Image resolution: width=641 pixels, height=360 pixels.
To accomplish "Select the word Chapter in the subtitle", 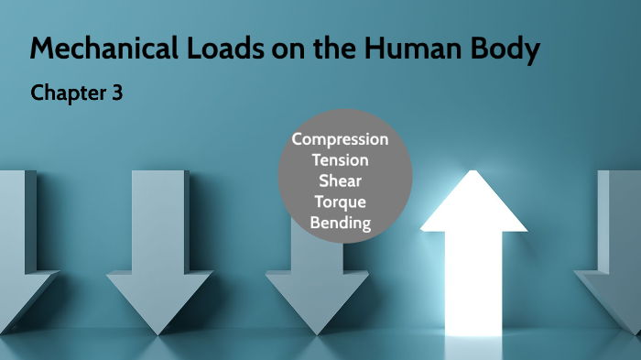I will [67, 93].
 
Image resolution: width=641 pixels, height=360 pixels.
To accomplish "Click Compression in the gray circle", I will [340, 139].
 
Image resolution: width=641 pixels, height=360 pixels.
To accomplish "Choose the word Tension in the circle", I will [340, 160].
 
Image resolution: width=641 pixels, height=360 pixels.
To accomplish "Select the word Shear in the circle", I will [340, 180].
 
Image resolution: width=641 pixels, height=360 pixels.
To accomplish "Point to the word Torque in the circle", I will [340, 202].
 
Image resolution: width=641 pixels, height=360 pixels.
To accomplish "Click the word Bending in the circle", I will [340, 223].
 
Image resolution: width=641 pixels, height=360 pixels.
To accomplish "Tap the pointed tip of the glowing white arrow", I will [473, 174].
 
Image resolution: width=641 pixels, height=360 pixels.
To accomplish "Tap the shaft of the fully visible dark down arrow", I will [159, 220].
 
